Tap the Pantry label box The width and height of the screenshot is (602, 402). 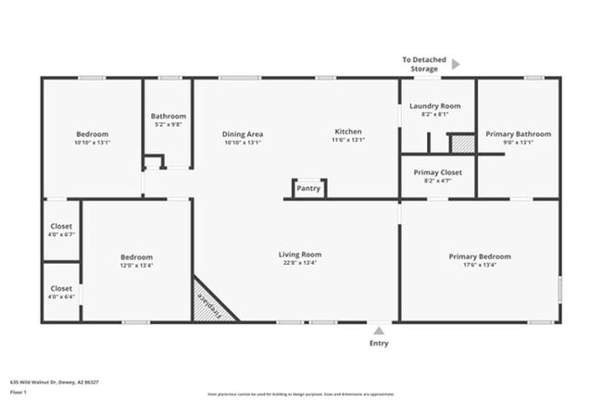[308, 189]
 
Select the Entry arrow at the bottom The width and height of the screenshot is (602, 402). [378, 329]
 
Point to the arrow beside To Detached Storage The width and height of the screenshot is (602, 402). [455, 65]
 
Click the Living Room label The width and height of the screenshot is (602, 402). [300, 255]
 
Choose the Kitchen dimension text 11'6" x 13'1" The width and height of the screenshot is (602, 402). [348, 141]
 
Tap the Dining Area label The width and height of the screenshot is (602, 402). [244, 132]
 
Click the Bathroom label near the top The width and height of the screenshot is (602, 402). [169, 116]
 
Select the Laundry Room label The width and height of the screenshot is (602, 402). [435, 107]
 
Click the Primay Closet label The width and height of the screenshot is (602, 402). [437, 172]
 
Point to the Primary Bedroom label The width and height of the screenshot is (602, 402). [479, 257]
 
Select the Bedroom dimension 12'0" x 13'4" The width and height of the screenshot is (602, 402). [136, 265]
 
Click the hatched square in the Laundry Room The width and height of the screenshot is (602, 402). [461, 144]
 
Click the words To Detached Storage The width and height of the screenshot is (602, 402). [424, 64]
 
